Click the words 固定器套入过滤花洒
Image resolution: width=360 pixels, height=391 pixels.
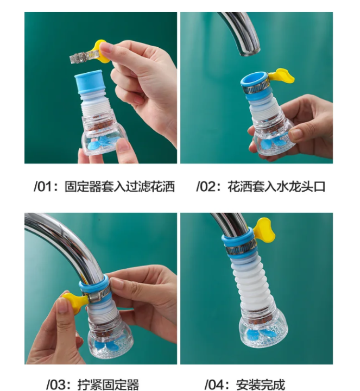point(119,187)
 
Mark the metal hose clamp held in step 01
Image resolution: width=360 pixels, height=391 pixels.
point(83,54)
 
